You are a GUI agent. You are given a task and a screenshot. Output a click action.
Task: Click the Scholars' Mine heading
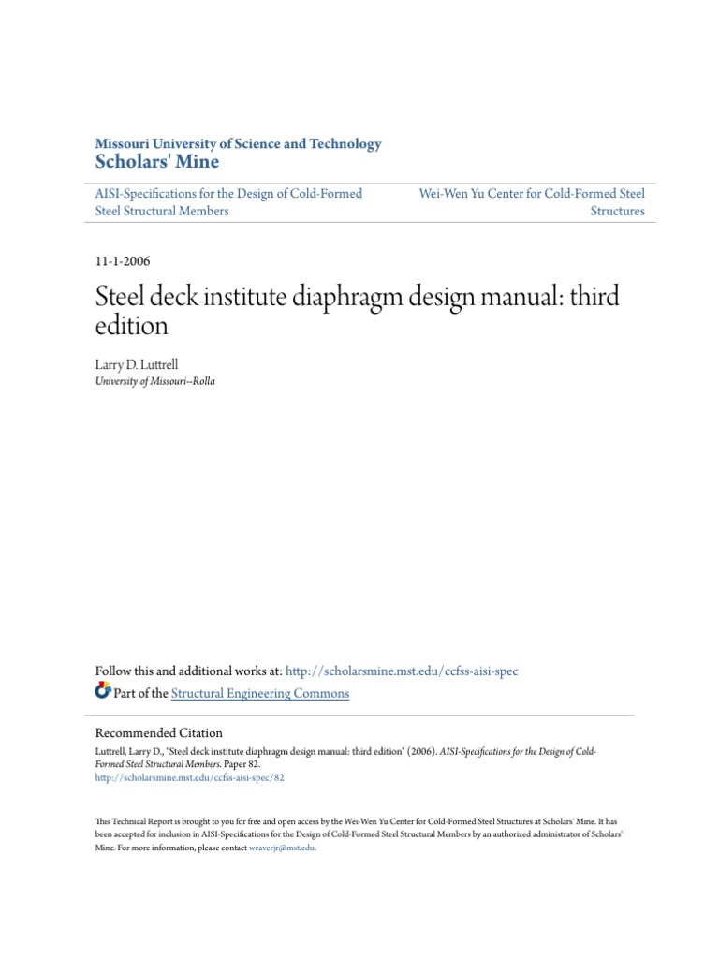coord(157,162)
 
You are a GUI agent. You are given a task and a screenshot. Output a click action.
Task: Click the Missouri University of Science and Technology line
coord(239,144)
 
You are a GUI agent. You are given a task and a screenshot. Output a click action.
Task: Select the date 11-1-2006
coord(124,261)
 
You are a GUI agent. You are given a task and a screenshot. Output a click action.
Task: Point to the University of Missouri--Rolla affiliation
coord(155,381)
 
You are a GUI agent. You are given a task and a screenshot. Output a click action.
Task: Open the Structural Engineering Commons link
coord(260,694)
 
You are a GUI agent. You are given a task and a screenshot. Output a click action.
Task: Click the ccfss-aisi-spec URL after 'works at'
coord(402,671)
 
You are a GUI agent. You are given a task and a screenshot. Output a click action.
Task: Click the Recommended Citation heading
coord(159,733)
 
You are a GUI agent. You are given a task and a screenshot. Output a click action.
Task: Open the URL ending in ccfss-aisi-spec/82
coord(190,777)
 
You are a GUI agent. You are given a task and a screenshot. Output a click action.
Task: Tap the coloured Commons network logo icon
coord(103,692)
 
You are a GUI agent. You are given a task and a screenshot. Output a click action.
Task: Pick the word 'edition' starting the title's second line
coord(132,326)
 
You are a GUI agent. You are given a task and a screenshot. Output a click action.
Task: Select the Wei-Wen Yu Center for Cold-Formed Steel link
coord(532,194)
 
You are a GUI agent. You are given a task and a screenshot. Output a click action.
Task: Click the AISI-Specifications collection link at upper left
coord(229,194)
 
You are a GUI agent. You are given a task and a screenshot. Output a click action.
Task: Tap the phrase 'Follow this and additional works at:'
coord(189,671)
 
